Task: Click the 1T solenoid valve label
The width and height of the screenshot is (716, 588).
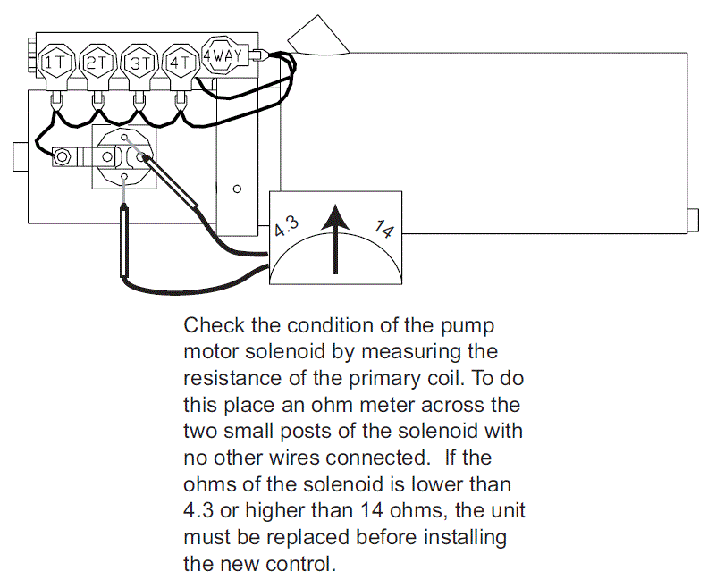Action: tap(56, 63)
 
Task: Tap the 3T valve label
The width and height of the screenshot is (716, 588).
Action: tap(140, 63)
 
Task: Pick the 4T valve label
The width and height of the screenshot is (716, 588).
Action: tap(180, 63)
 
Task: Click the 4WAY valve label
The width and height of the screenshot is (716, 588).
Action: tap(223, 55)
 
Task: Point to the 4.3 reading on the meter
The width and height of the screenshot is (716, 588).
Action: tap(287, 226)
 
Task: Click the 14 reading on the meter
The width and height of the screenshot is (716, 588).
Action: tap(383, 229)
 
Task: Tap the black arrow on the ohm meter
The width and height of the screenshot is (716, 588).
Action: tap(335, 239)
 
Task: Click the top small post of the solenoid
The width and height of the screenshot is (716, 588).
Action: tap(123, 138)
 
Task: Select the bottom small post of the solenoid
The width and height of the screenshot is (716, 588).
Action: tap(123, 177)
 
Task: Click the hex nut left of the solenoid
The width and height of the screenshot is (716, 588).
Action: tap(62, 157)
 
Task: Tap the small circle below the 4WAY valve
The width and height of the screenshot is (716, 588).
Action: tap(237, 189)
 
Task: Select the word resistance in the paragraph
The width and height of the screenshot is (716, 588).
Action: tap(232, 378)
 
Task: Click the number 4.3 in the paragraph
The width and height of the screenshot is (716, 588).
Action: tap(198, 510)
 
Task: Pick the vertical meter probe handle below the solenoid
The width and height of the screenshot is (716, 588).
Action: tap(124, 241)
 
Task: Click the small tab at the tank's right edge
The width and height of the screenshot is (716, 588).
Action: tap(693, 220)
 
